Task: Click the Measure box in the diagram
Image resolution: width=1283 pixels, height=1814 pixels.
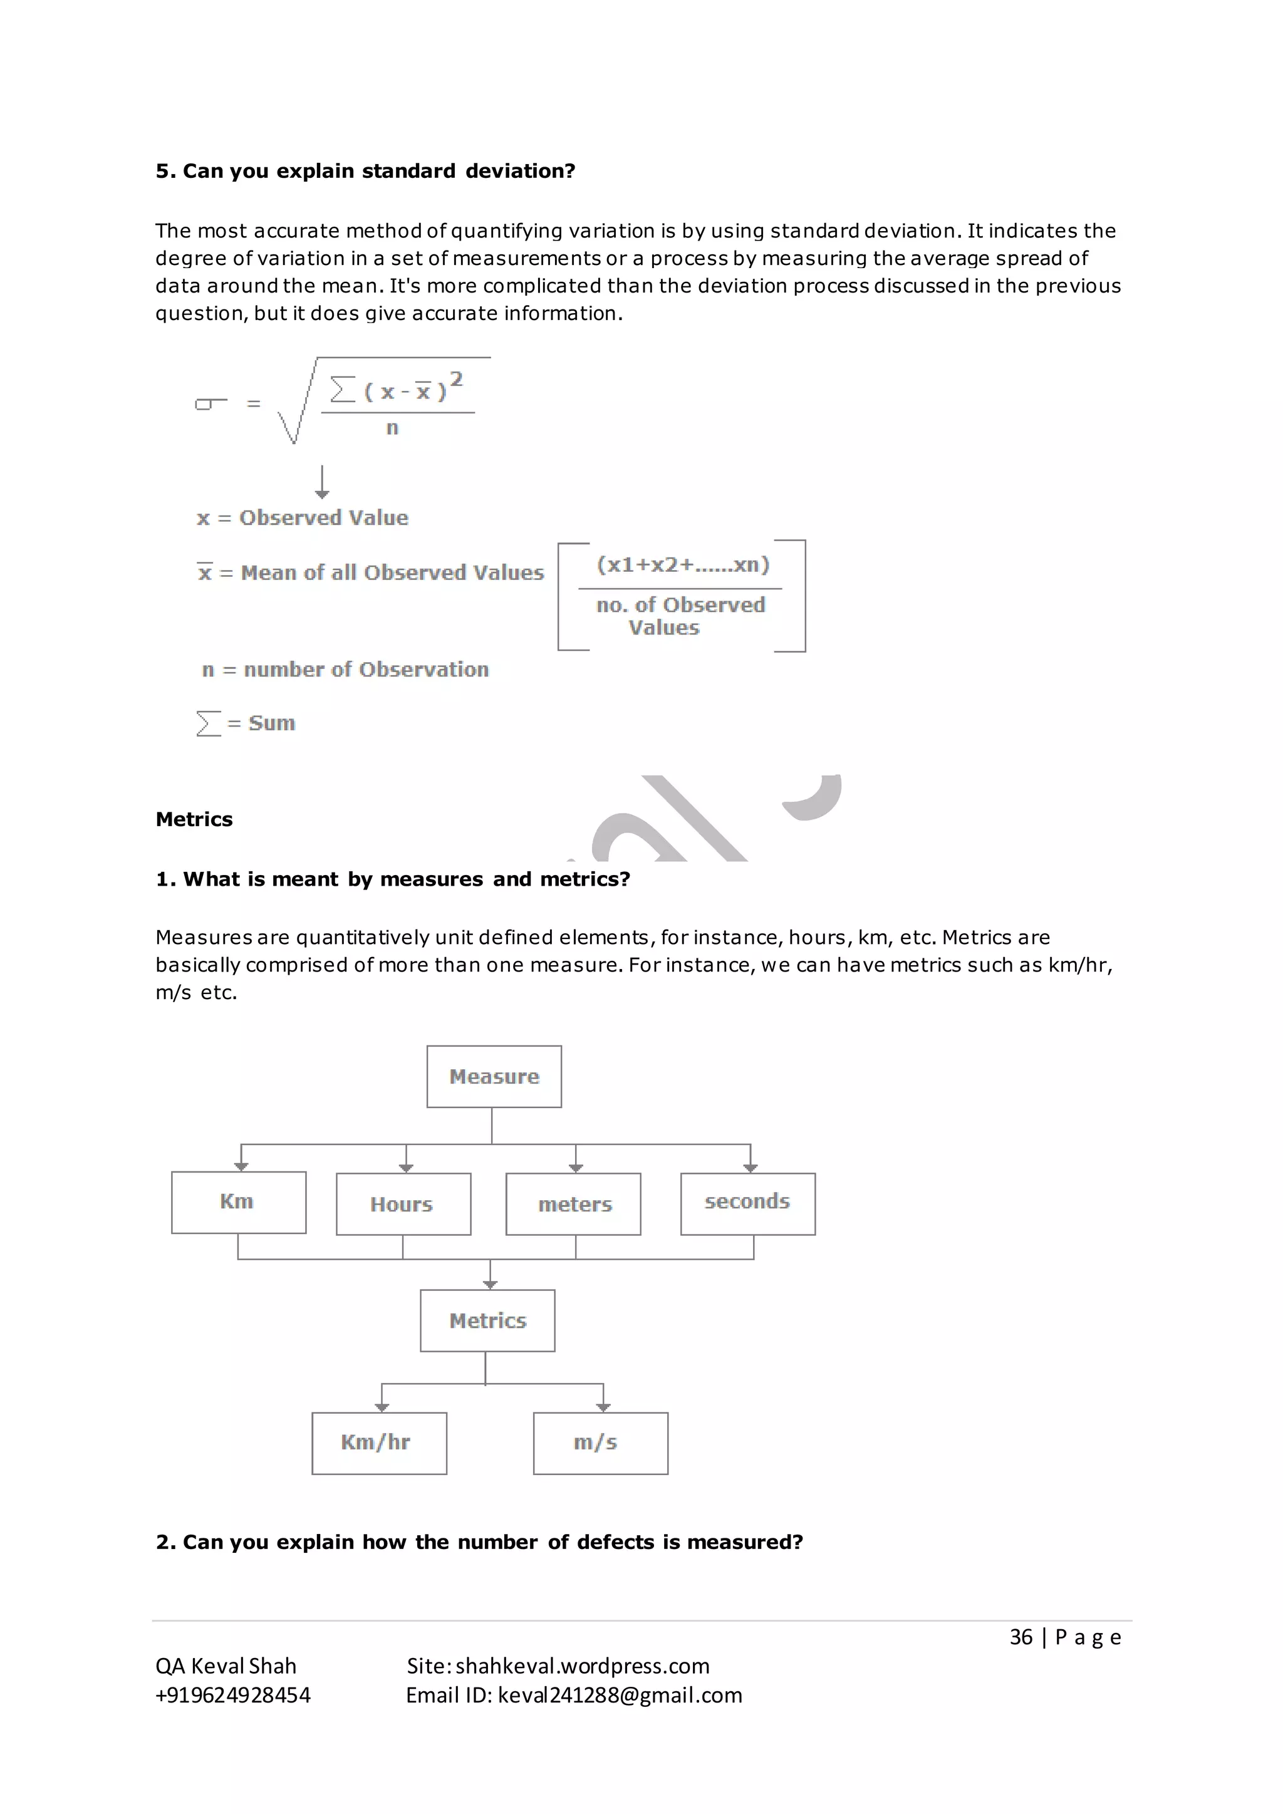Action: click(494, 1076)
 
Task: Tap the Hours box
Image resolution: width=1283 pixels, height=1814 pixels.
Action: click(403, 1204)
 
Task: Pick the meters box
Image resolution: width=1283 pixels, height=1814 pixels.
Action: click(574, 1204)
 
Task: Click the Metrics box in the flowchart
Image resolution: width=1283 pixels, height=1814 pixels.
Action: click(487, 1320)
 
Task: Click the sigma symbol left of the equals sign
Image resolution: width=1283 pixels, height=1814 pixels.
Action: click(209, 404)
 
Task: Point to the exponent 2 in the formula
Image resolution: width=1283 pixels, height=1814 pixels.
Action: click(456, 380)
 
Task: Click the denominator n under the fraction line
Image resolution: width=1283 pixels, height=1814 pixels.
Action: click(392, 428)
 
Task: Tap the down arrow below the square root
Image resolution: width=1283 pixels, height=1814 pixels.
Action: click(321, 482)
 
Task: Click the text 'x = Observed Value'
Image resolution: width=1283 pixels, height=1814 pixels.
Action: click(303, 517)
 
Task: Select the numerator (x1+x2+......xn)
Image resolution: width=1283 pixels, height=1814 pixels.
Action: click(683, 564)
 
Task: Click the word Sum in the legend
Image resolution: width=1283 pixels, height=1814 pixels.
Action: click(272, 723)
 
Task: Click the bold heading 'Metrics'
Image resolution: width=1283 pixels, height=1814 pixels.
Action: click(194, 819)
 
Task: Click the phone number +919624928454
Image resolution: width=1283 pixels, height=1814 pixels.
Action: click(233, 1695)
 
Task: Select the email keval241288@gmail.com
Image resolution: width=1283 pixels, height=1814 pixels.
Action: click(620, 1695)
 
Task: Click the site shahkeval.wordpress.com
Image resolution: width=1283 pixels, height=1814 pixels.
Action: click(582, 1666)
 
